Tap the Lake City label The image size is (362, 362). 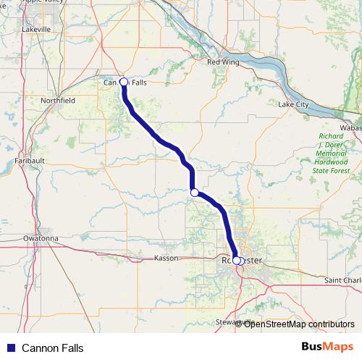[x=293, y=105]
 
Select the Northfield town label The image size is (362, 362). [x=59, y=100]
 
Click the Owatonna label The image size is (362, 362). [x=40, y=237]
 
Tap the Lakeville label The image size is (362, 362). [x=37, y=30]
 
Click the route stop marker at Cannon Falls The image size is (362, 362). [x=124, y=82]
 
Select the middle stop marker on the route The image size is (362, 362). [x=194, y=192]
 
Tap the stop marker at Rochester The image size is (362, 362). [x=237, y=261]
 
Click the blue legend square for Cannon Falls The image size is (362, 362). [x=10, y=348]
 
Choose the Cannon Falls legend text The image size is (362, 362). [x=53, y=348]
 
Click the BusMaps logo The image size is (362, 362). [x=327, y=348]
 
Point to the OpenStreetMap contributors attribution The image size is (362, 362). [x=298, y=324]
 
